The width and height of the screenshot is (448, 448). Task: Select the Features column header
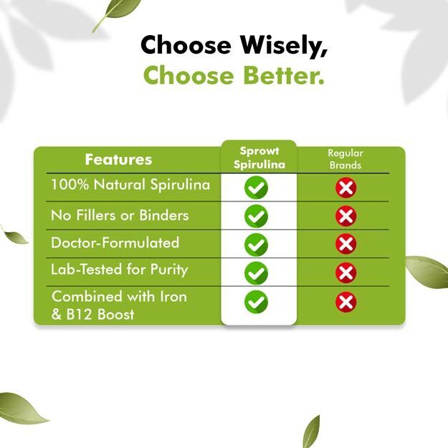point(118,159)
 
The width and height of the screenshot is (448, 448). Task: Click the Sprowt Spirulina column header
point(259,158)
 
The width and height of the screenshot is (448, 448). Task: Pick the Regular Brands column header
point(345,159)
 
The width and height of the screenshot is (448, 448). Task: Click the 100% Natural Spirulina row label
point(130,184)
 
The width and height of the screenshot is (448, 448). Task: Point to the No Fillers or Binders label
point(120,215)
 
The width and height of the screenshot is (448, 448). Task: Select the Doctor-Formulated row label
point(115,242)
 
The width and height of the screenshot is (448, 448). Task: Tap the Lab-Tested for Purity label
point(120,270)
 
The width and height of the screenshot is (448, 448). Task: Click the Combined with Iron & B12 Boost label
point(119,305)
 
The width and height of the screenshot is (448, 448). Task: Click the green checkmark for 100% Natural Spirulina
point(257,187)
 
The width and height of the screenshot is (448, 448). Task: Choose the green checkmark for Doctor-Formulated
point(257,244)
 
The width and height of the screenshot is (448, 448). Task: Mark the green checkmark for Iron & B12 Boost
point(257,302)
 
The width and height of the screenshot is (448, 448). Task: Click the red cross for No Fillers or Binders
point(346,216)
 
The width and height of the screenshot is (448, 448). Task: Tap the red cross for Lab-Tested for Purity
point(346,272)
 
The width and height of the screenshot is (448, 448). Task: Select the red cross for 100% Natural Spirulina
point(346,188)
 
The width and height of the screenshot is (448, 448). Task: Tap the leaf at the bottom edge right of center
point(311,432)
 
